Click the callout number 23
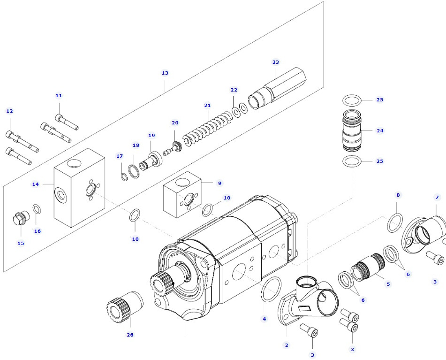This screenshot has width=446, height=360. click(275, 62)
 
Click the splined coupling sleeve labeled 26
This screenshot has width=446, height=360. click(125, 305)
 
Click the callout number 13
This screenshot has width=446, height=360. click(165, 73)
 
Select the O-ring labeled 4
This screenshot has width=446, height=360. click(271, 290)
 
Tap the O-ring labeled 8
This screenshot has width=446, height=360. click(395, 222)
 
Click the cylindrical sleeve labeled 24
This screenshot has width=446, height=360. click(352, 130)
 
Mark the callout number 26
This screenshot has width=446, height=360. click(130, 335)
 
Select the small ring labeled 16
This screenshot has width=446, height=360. click(36, 209)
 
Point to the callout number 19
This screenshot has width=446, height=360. click(151, 135)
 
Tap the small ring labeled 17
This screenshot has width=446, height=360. click(123, 177)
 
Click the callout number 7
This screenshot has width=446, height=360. click(437, 197)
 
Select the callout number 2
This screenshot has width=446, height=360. click(287, 345)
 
